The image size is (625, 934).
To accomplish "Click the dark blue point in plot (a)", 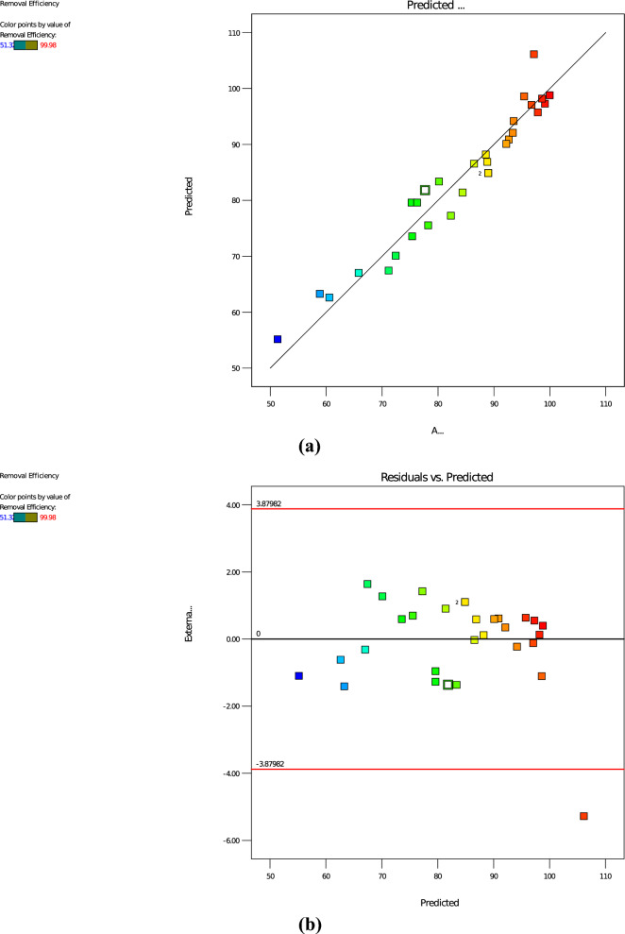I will (278, 339).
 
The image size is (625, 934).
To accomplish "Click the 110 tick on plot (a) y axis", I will (232, 33).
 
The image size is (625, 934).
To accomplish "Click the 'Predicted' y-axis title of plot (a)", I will (190, 196).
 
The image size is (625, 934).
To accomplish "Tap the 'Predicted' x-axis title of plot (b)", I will (440, 903).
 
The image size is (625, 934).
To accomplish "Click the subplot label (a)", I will (307, 447).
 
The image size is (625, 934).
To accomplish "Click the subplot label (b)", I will (307, 925).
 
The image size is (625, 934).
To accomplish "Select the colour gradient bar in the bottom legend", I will (25, 518).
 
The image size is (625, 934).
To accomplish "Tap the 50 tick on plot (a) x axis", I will (270, 404).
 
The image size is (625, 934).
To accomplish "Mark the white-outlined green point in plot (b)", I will (448, 685).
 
